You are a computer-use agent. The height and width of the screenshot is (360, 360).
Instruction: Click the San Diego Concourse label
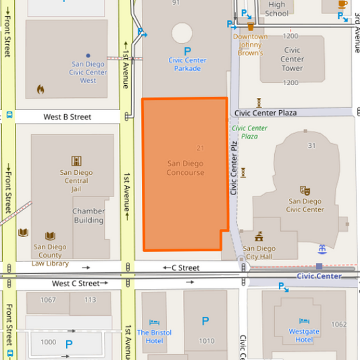point(185,168)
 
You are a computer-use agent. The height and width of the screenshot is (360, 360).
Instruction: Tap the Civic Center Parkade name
point(187,64)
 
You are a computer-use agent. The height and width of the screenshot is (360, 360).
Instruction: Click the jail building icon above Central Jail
point(76,161)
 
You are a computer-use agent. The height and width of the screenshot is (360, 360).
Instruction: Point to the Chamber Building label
point(88,215)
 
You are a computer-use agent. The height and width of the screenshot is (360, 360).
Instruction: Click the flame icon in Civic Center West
point(41,88)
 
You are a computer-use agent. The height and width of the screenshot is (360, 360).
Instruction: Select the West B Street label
point(67,117)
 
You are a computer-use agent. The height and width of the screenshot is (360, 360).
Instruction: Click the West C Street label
point(75,284)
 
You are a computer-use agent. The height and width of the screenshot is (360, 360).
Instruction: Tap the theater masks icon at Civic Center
point(305,191)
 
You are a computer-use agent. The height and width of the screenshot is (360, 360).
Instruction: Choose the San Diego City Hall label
point(259,253)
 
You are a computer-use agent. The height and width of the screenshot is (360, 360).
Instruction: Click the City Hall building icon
point(259,236)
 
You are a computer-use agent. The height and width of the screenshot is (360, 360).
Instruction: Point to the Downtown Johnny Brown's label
point(250,45)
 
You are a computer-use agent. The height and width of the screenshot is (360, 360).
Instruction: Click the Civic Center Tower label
point(292,59)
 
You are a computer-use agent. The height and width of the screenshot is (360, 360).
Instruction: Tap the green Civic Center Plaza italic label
point(249,132)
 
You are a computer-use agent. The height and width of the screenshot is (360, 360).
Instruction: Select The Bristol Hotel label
point(154,336)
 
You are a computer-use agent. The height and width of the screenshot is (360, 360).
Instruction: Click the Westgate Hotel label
point(304,336)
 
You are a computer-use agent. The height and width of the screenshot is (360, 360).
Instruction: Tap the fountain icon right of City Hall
point(322,249)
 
